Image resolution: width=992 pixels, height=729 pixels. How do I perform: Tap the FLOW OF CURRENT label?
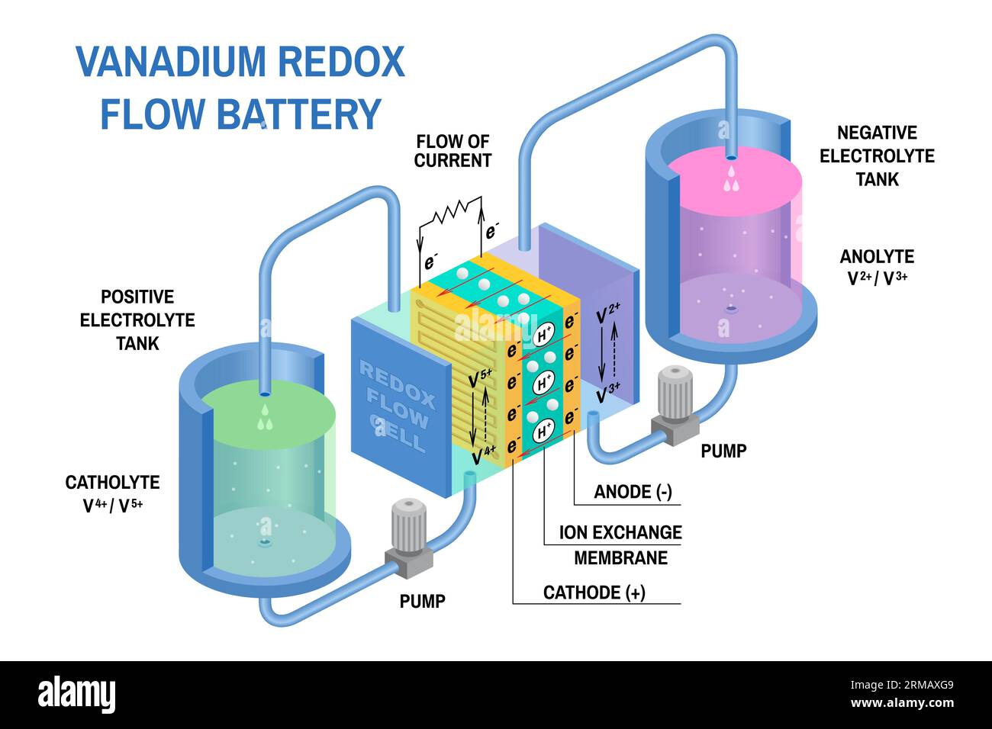(453, 151)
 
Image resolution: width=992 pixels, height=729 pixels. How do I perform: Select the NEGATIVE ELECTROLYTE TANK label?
(877, 156)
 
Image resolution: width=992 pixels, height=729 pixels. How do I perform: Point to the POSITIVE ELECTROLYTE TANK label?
(137, 320)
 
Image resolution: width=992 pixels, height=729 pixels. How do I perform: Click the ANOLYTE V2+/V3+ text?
(877, 267)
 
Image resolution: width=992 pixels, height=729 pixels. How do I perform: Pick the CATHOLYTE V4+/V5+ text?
(112, 493)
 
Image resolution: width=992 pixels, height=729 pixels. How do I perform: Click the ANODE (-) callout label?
(633, 492)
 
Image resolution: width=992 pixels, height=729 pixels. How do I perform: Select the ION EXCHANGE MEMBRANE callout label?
(620, 544)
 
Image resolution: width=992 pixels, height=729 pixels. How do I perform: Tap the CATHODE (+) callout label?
(594, 593)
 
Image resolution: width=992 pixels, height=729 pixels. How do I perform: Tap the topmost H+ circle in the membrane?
(544, 334)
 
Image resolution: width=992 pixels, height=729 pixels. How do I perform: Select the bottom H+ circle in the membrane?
(544, 431)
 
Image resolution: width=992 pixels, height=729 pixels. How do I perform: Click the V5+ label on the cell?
(482, 377)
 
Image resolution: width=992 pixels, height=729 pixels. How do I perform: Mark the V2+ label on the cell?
(608, 313)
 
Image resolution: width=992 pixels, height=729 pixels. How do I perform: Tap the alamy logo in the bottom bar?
(77, 694)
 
